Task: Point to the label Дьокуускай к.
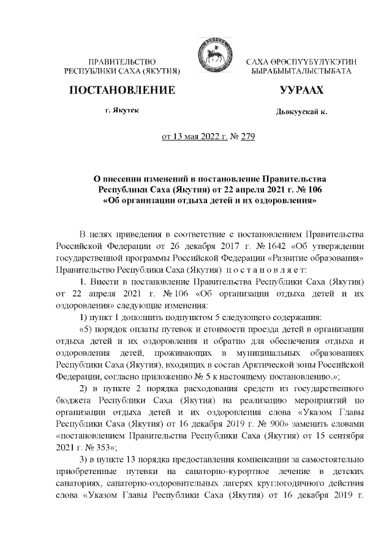302,113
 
